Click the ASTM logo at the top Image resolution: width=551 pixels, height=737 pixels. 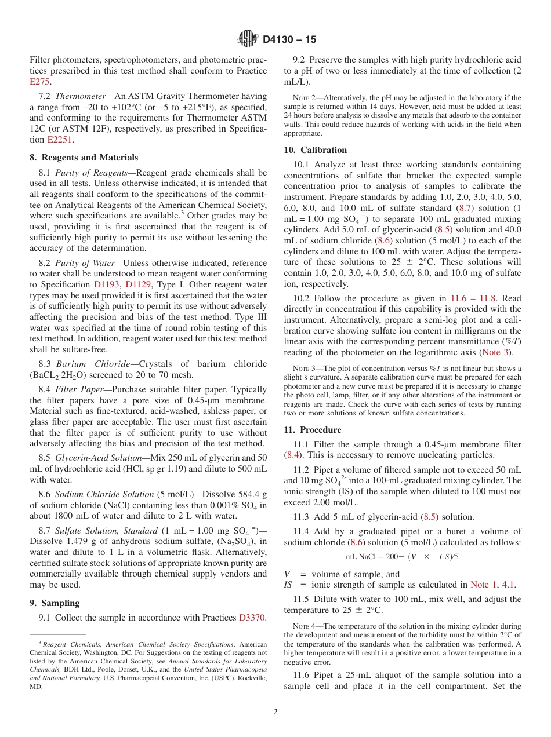click(x=248, y=39)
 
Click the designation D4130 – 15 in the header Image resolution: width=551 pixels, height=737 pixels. click(x=289, y=39)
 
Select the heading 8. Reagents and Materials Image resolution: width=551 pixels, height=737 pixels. click(x=84, y=158)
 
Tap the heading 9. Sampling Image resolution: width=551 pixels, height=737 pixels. click(x=55, y=603)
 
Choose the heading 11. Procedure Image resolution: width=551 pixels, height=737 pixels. click(x=312, y=430)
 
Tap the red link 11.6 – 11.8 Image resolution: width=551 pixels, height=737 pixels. click(x=473, y=298)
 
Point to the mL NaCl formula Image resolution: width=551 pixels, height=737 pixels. click(x=402, y=556)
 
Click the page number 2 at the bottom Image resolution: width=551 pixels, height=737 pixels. click(x=275, y=712)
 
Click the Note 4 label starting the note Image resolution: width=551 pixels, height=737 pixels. click(x=304, y=626)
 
